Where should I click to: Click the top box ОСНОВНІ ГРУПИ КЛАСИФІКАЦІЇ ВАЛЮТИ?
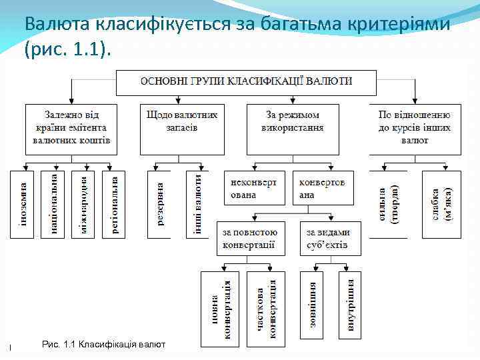click(246, 81)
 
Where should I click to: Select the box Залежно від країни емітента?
click(71, 129)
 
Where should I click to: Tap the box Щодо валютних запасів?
click(181, 129)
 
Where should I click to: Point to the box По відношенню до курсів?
click(414, 129)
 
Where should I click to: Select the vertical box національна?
click(53, 204)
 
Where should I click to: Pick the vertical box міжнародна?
click(83, 204)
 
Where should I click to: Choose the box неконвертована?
click(255, 188)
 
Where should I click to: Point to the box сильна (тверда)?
click(387, 204)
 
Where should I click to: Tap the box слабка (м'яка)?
click(441, 204)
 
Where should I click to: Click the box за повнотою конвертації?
click(251, 238)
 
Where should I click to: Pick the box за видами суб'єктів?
click(330, 238)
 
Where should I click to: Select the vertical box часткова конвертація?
click(265, 308)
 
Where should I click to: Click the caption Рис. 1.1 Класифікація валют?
click(103, 344)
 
